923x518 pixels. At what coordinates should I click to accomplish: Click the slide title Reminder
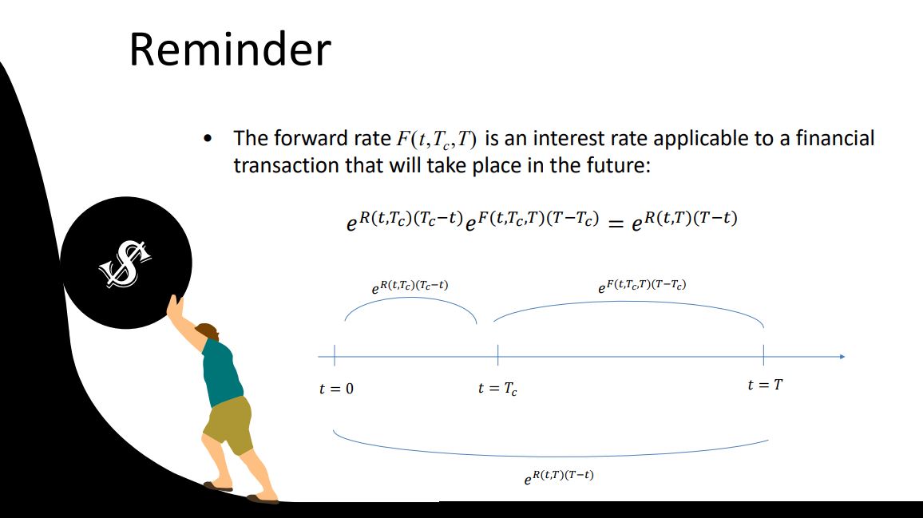[x=229, y=49]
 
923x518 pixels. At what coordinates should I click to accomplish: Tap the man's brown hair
[x=208, y=330]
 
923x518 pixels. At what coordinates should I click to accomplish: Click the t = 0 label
[x=336, y=389]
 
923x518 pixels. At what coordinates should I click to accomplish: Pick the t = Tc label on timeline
[x=497, y=389]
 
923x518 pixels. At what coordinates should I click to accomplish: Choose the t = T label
[x=764, y=385]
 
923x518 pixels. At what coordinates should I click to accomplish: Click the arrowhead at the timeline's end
[x=841, y=356]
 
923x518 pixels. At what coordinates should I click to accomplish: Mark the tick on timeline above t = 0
[x=335, y=355]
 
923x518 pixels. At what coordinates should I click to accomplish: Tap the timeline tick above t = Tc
[x=497, y=355]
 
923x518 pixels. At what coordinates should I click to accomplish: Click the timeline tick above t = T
[x=764, y=355]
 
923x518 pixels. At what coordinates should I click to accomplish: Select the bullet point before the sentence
[x=208, y=140]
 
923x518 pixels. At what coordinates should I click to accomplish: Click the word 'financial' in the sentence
[x=838, y=138]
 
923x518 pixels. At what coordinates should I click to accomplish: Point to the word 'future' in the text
[x=628, y=165]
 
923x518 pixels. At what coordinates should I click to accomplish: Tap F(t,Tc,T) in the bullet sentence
[x=437, y=140]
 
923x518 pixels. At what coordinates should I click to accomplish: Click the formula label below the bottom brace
[x=559, y=477]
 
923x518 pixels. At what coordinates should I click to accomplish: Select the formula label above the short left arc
[x=410, y=285]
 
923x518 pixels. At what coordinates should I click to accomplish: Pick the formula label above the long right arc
[x=642, y=285]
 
